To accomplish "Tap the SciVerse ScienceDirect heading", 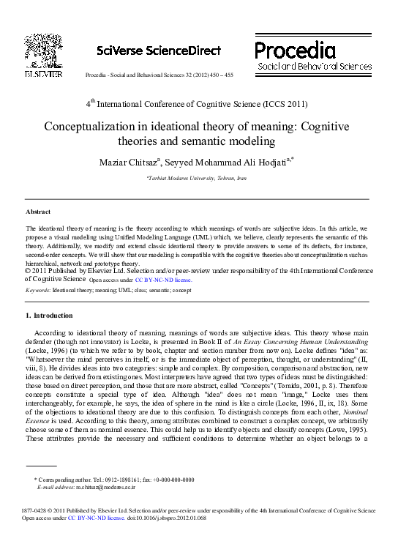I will (159, 51).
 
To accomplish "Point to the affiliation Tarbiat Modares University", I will (206, 178).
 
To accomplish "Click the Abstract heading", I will (38, 212).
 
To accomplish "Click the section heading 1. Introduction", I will (49, 316).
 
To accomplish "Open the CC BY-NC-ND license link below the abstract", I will (163, 280).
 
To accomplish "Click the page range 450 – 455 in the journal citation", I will (219, 75).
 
